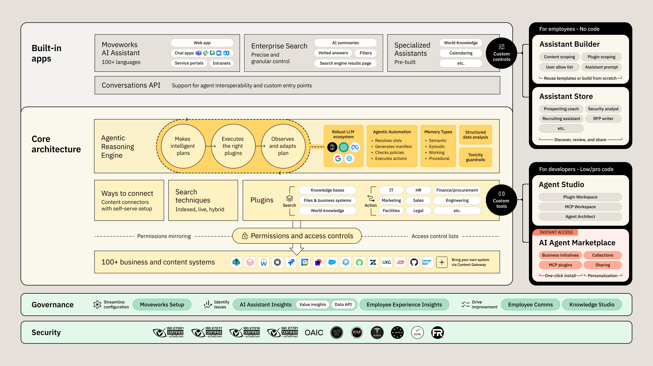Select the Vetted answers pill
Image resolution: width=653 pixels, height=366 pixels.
[x=333, y=53]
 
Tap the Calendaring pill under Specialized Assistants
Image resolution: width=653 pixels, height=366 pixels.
[x=461, y=53]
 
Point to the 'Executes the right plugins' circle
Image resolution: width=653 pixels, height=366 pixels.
[x=233, y=146]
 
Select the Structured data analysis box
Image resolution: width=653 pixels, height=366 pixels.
[x=475, y=135]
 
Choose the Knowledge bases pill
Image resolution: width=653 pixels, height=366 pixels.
[x=327, y=190]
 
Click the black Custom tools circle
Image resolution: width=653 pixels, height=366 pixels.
[x=501, y=200]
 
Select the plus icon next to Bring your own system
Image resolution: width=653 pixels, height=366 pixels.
[x=442, y=262]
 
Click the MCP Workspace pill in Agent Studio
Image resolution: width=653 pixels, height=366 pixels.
[x=580, y=207]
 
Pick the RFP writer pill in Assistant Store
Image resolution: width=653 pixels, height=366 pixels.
[x=603, y=119]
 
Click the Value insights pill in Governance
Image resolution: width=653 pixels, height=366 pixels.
[x=312, y=304]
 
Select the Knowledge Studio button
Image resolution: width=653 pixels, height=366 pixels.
[x=592, y=304]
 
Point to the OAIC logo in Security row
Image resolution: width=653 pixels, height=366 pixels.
[x=314, y=333]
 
